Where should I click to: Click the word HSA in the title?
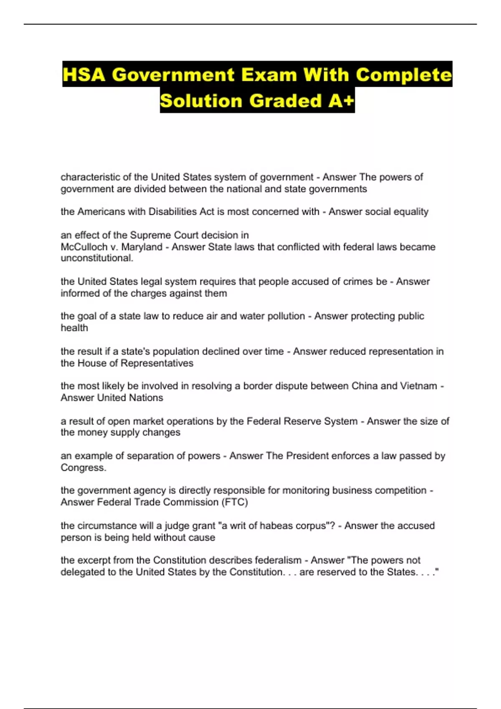85,75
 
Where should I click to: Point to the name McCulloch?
84,247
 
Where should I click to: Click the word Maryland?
142,247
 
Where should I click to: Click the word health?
74,328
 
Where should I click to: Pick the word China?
364,386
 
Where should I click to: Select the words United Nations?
130,397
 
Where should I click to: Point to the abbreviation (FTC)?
235,502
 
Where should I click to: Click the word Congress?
83,468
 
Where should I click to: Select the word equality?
411,212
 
